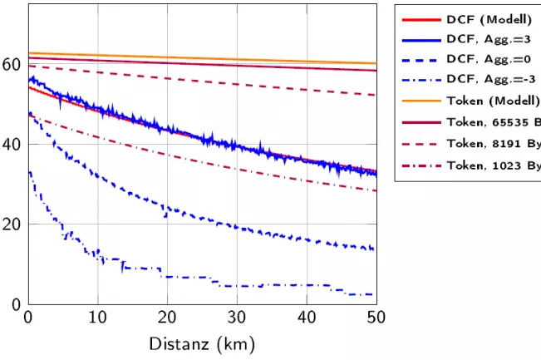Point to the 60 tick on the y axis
(12, 64)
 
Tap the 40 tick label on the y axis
(12, 144)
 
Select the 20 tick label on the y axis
(12, 224)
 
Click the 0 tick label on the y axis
(17, 304)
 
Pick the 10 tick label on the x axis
(98, 318)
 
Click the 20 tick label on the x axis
(168, 318)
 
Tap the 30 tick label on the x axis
(238, 318)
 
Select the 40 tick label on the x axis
(307, 318)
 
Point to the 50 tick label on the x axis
(376, 318)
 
